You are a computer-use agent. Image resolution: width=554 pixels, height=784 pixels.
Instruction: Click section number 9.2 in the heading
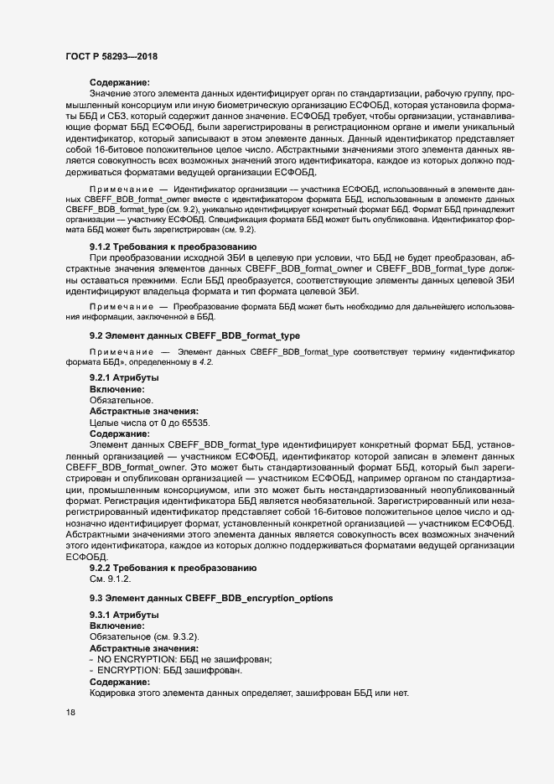[96, 335]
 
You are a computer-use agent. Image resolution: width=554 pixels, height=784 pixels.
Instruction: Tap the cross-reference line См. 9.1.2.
[110, 579]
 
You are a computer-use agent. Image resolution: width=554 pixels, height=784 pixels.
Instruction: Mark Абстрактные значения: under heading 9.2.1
[143, 412]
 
